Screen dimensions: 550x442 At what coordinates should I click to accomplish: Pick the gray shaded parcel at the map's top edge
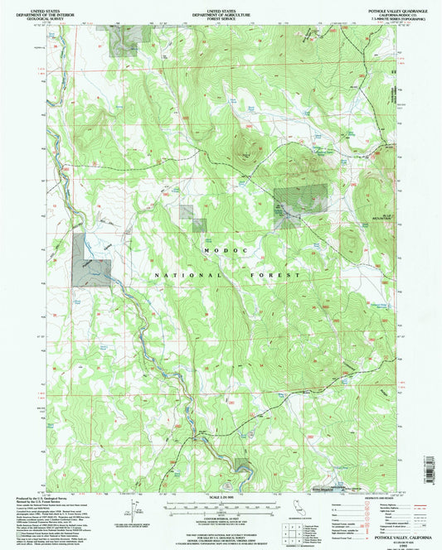pyautogui.click(x=124, y=38)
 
